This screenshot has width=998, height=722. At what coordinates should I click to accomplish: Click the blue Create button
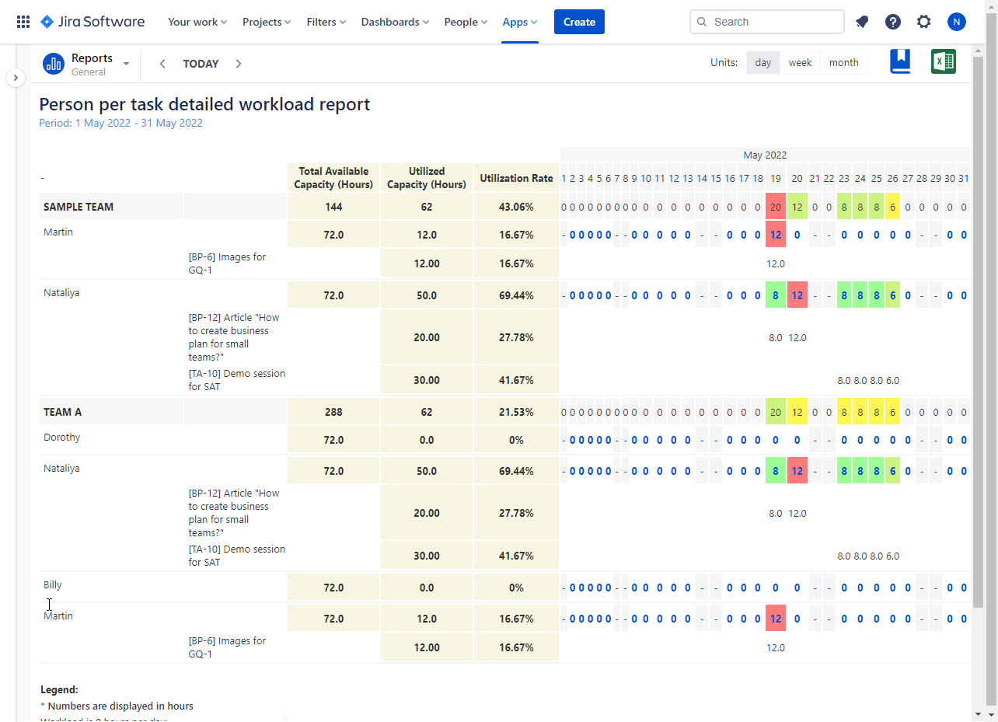click(x=579, y=22)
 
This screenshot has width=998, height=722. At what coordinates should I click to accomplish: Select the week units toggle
click(x=800, y=63)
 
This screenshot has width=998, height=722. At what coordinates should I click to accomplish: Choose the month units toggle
click(x=843, y=63)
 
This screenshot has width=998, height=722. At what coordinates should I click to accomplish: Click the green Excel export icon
click(x=944, y=61)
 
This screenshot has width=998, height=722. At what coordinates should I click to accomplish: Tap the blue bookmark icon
click(x=900, y=61)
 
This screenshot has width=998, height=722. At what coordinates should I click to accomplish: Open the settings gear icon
click(x=923, y=22)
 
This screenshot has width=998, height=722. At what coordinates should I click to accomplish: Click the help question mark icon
click(x=893, y=22)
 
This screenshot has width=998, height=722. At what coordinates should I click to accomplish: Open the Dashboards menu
click(x=395, y=22)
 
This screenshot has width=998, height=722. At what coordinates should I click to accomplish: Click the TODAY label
click(x=201, y=64)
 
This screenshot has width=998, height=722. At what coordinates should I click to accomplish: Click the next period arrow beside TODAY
click(x=239, y=64)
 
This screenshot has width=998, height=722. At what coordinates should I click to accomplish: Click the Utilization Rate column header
click(x=516, y=178)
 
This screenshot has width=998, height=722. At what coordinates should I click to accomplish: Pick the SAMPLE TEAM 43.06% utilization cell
click(x=516, y=207)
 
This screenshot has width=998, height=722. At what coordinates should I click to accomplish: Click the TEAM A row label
click(x=63, y=412)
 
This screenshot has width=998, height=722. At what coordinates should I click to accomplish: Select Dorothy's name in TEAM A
click(x=62, y=437)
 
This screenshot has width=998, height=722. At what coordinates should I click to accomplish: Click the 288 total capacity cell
click(x=333, y=412)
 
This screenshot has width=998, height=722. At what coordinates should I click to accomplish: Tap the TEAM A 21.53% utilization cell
click(x=516, y=412)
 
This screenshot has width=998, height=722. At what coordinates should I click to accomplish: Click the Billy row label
click(x=53, y=584)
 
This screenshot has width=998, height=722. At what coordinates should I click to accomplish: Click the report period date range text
click(x=120, y=123)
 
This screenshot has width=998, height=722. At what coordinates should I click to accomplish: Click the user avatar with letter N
click(x=956, y=22)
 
